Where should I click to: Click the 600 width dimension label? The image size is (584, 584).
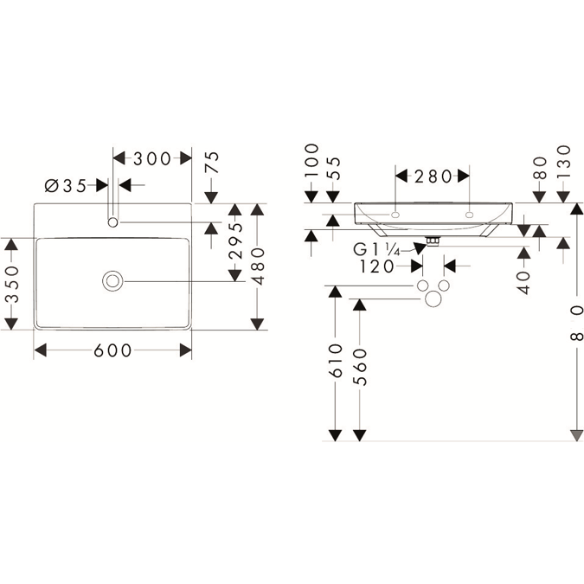tap(112, 350)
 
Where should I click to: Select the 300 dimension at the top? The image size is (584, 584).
tap(152, 159)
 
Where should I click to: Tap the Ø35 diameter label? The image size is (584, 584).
tap(66, 186)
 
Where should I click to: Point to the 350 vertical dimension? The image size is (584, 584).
tap(13, 284)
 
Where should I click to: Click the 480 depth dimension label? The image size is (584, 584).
tap(258, 266)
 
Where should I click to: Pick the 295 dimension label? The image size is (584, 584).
tap(235, 241)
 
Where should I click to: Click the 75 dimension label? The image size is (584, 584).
tap(213, 162)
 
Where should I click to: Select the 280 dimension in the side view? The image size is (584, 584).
tap(433, 176)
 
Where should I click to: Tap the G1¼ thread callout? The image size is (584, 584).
tap(376, 249)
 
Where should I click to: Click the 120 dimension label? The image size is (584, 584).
tap(377, 266)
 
